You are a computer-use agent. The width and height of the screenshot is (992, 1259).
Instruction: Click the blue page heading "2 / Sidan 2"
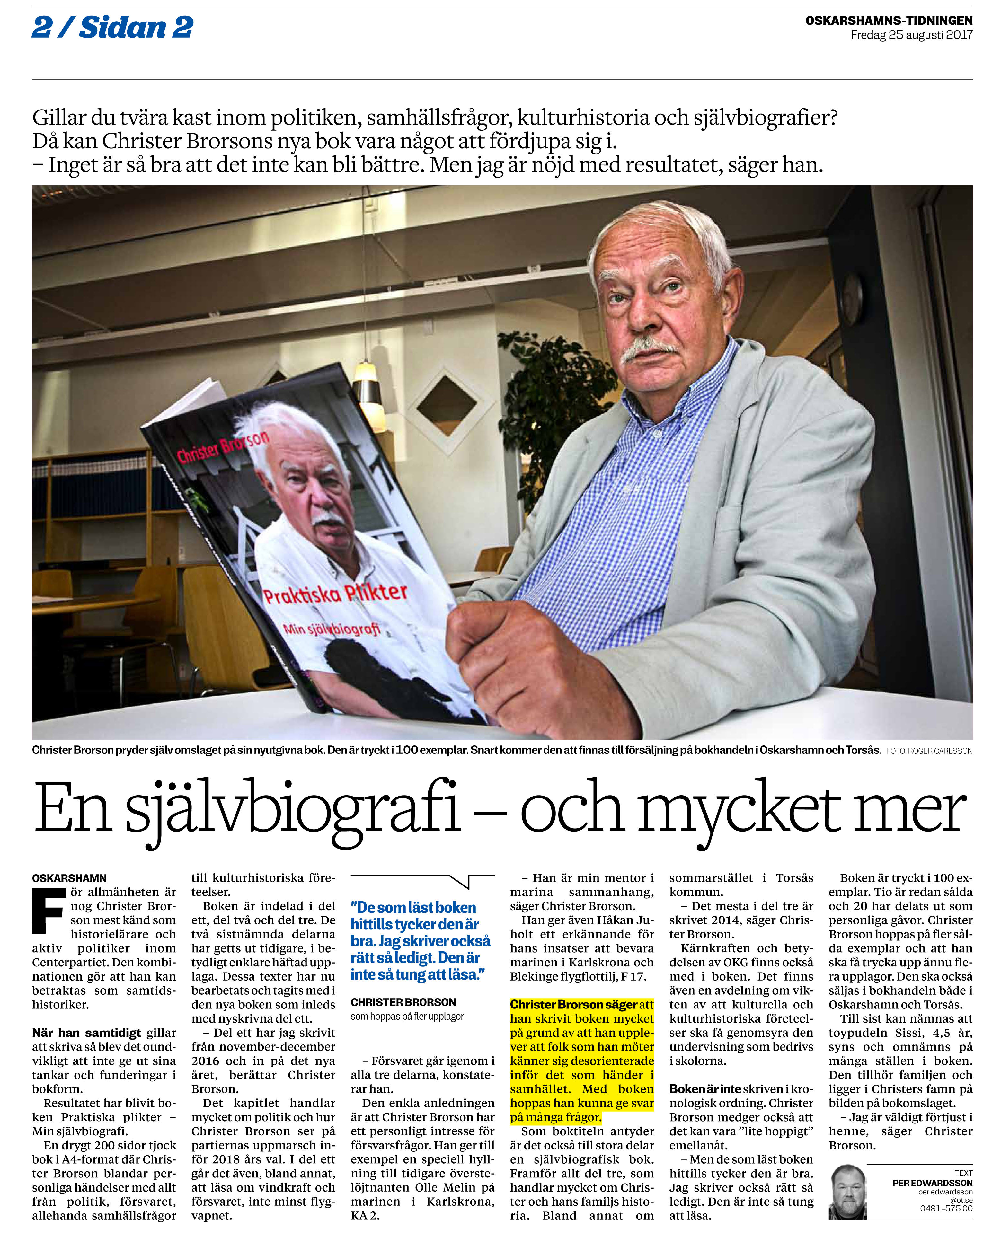click(112, 27)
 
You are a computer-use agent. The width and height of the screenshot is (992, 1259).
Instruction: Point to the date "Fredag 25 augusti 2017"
click(911, 35)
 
